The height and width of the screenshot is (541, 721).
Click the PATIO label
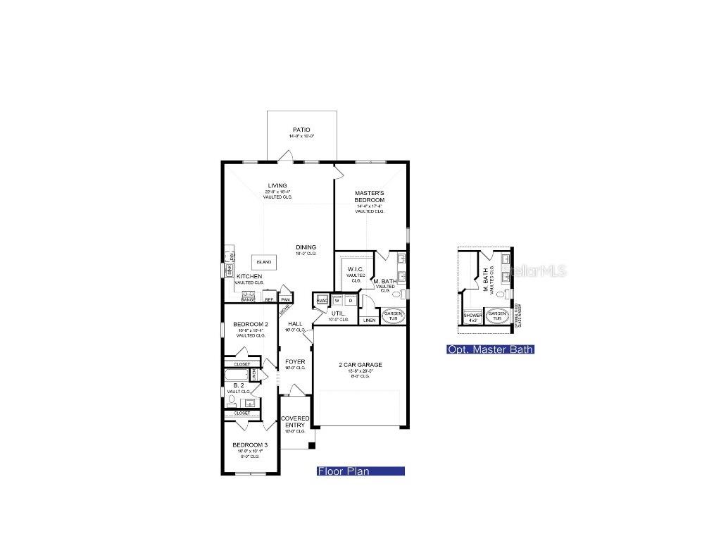(301, 130)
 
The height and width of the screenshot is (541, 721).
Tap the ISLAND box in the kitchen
(264, 262)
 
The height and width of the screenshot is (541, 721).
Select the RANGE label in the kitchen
(248, 299)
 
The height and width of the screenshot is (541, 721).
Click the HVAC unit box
(322, 300)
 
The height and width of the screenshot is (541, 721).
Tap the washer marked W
(337, 300)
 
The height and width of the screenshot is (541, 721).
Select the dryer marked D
(350, 300)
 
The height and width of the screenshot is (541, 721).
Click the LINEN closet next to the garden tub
(369, 320)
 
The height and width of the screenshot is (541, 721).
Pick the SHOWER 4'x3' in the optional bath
(472, 317)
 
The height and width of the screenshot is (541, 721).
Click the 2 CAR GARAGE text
(360, 365)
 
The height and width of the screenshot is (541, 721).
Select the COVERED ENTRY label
(295, 421)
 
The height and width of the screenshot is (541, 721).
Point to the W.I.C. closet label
(356, 269)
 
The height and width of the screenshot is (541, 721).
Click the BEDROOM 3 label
(250, 445)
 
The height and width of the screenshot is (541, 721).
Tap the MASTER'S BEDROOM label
(369, 197)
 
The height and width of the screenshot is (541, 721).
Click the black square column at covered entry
(311, 445)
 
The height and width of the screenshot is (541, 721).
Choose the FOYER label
(295, 363)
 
